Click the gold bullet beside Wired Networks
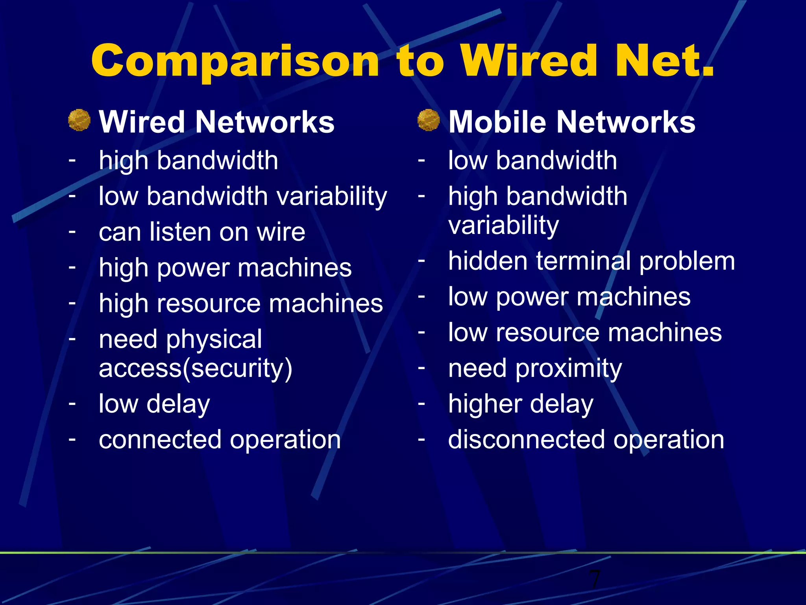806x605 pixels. point(79,120)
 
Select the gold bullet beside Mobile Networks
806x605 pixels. point(429,120)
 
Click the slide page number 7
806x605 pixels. point(594,579)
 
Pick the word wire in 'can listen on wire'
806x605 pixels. point(281,232)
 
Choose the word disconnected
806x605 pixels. point(526,440)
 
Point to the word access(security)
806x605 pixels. point(196,369)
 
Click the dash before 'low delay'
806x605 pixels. point(72,403)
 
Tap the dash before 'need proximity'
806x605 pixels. point(421,367)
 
